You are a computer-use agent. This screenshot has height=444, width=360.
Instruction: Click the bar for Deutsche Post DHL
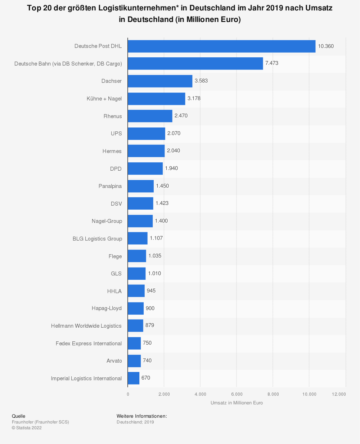click(221, 46)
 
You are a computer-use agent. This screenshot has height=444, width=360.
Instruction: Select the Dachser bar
click(160, 81)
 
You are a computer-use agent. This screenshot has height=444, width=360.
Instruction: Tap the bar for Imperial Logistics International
click(134, 378)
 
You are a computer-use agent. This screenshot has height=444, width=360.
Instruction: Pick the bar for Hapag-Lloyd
click(136, 308)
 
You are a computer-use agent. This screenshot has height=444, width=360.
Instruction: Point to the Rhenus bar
click(150, 116)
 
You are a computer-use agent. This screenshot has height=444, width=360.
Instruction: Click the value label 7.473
click(272, 63)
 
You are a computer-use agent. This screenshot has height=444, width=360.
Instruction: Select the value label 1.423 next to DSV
click(162, 203)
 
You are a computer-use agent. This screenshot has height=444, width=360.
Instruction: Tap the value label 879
click(150, 325)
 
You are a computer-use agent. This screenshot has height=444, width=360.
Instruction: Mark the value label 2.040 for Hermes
click(174, 151)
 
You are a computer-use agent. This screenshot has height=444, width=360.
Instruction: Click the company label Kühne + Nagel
click(104, 99)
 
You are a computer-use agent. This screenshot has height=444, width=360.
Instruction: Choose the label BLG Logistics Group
click(97, 239)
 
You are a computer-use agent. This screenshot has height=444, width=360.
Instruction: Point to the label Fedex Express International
click(89, 344)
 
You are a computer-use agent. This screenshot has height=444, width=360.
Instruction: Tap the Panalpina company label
click(110, 186)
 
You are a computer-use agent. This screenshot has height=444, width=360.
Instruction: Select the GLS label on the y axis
click(116, 274)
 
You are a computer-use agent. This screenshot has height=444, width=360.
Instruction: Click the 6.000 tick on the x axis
click(237, 394)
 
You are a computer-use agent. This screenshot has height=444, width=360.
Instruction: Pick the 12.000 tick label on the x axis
click(339, 394)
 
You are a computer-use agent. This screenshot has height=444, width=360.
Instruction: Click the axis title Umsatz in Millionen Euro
click(237, 403)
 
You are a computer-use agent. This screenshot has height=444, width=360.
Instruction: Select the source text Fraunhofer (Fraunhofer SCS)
click(40, 422)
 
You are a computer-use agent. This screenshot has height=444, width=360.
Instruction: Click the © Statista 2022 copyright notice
click(27, 428)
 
